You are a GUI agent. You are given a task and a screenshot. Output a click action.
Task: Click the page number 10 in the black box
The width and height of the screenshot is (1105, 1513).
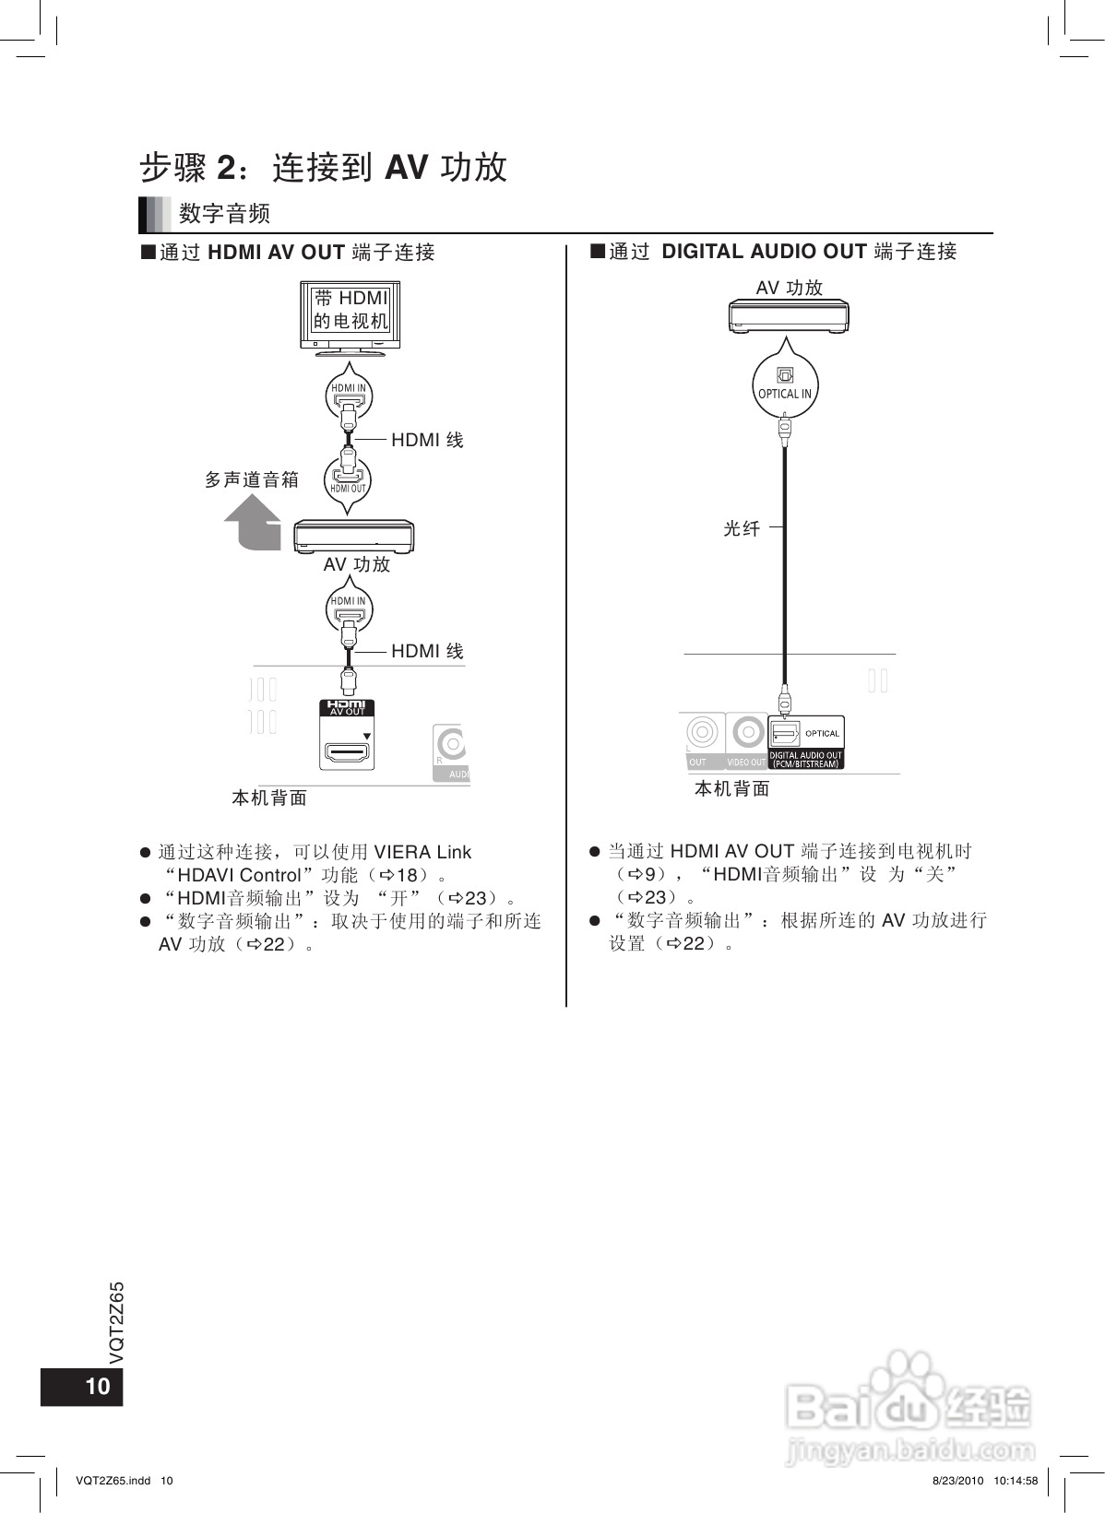(97, 1386)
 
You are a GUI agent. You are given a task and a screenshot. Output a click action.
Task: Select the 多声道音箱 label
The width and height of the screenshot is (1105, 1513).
(252, 479)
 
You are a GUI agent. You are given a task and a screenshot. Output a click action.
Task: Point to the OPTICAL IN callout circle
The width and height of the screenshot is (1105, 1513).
(785, 384)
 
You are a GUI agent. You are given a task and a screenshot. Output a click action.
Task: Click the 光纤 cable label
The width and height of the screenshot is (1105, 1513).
(742, 528)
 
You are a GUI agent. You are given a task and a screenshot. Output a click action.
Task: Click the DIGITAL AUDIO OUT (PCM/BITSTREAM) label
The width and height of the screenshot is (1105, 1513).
(805, 760)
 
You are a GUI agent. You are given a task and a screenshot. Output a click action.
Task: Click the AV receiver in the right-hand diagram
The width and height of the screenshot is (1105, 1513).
(789, 316)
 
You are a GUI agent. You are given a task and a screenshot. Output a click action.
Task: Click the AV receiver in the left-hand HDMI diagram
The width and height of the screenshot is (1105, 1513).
(353, 537)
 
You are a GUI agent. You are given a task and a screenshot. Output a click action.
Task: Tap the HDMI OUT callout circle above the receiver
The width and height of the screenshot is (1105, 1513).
(348, 480)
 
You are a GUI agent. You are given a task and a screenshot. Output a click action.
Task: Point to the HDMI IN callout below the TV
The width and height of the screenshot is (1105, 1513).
(349, 395)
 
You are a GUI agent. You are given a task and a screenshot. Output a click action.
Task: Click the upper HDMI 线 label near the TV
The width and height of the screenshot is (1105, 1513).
(427, 440)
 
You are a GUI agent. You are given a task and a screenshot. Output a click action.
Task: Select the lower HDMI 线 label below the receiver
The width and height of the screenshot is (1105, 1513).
(427, 651)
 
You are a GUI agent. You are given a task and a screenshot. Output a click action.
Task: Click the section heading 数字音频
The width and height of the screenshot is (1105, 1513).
(224, 214)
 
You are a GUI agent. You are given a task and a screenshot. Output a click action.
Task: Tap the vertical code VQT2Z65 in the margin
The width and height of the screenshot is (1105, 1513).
(117, 1323)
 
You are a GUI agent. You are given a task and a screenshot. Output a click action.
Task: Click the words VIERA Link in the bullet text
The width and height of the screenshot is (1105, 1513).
(422, 852)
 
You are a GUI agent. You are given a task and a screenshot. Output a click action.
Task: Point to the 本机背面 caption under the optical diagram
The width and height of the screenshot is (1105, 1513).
(731, 788)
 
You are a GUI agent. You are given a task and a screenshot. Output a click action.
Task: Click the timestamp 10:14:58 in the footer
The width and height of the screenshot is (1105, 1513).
(1016, 1481)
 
